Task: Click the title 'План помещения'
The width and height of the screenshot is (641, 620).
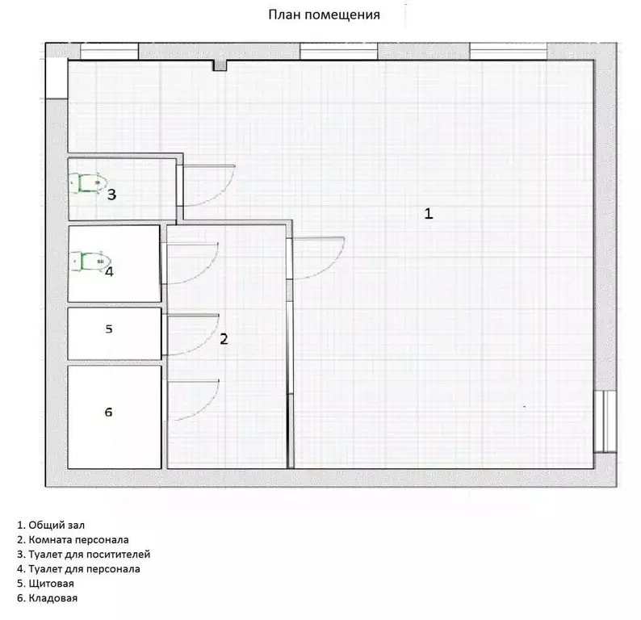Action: [324, 15]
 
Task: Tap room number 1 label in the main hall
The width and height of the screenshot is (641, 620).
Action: [428, 213]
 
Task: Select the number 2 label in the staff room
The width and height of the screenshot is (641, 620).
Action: [224, 339]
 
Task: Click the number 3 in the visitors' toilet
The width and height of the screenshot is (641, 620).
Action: [111, 195]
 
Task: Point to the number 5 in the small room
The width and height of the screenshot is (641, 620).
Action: [109, 329]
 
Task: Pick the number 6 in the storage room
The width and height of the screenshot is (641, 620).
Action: [108, 412]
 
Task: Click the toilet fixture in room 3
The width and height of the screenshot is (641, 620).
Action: [87, 182]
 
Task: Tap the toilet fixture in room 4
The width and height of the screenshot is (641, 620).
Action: [90, 262]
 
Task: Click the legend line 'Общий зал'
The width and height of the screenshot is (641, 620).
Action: [51, 526]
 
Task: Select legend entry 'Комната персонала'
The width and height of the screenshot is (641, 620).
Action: [73, 540]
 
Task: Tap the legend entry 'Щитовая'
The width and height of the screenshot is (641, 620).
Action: [45, 584]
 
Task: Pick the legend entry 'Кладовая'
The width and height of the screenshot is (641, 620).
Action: [47, 598]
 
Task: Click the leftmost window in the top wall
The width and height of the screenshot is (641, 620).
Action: [109, 52]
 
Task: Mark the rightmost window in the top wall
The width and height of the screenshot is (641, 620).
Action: [508, 52]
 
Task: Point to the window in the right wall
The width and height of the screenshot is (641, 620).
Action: [605, 421]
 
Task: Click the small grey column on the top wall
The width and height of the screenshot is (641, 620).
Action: [220, 66]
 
